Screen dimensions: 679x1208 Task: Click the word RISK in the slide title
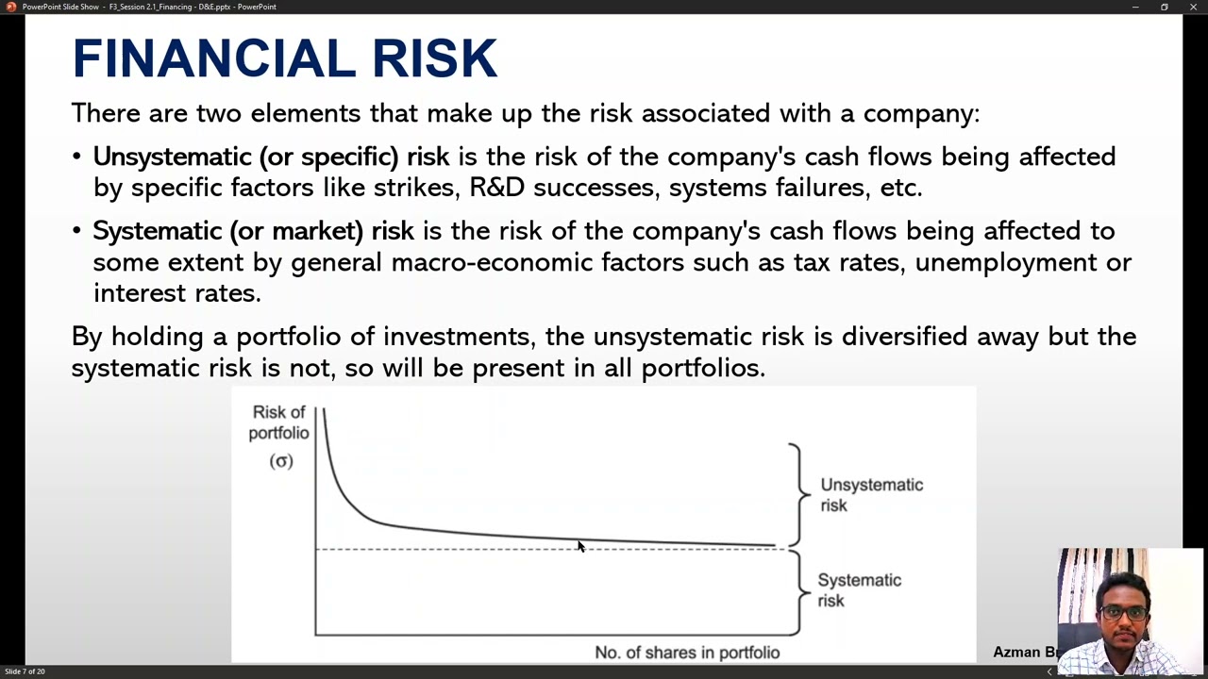point(434,58)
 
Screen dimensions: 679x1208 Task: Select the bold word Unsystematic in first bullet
point(172,157)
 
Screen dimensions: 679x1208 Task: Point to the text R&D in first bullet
point(496,187)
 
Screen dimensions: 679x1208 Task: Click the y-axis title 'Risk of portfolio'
point(278,422)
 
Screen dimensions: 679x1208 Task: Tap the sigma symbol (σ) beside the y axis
point(281,461)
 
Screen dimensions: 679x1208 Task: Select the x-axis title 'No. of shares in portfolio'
point(687,653)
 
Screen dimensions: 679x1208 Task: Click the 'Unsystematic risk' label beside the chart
point(871,495)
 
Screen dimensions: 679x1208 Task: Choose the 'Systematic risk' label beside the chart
point(859,590)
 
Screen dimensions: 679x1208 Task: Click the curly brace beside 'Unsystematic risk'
point(797,493)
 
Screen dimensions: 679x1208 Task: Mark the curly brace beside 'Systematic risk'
point(799,591)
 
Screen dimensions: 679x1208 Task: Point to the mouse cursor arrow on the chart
point(580,546)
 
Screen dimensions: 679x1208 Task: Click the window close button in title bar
point(1192,7)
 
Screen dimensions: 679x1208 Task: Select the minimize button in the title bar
point(1135,7)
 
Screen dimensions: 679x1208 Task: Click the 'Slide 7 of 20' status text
point(25,671)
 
